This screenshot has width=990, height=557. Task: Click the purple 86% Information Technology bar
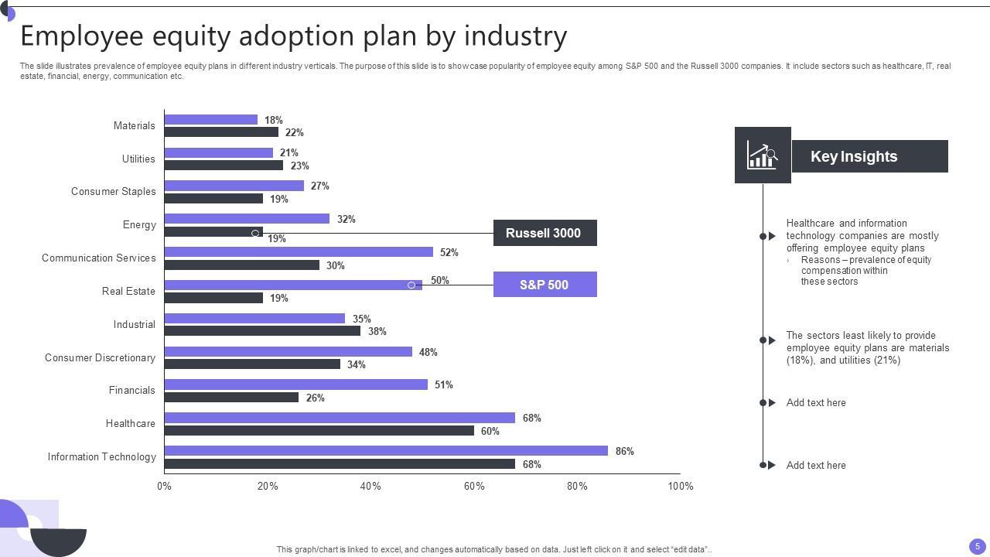pos(386,450)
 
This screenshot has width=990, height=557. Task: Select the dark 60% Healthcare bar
pos(319,431)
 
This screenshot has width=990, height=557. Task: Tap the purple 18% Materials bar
pos(210,119)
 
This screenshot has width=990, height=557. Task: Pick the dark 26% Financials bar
pos(231,398)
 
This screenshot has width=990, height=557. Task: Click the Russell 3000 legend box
pos(544,233)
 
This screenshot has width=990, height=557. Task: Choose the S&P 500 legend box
pos(544,285)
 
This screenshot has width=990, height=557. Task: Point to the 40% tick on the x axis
pos(370,486)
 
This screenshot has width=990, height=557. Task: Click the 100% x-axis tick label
pos(681,486)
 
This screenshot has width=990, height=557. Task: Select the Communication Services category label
pos(98,258)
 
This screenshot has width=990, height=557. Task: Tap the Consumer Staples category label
pos(113,191)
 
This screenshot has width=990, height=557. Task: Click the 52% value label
pos(449,252)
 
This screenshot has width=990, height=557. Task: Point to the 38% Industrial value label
pos(377,331)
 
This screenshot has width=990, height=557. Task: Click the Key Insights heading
pos(854,156)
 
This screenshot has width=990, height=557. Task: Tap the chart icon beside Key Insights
pos(762,155)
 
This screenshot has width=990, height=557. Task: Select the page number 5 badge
pos(978,545)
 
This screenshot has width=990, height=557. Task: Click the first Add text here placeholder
pos(816,402)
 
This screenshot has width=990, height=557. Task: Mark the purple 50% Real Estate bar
pos(293,285)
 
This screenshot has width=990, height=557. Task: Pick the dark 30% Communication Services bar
pos(241,265)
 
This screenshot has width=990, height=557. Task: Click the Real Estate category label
pos(128,291)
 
